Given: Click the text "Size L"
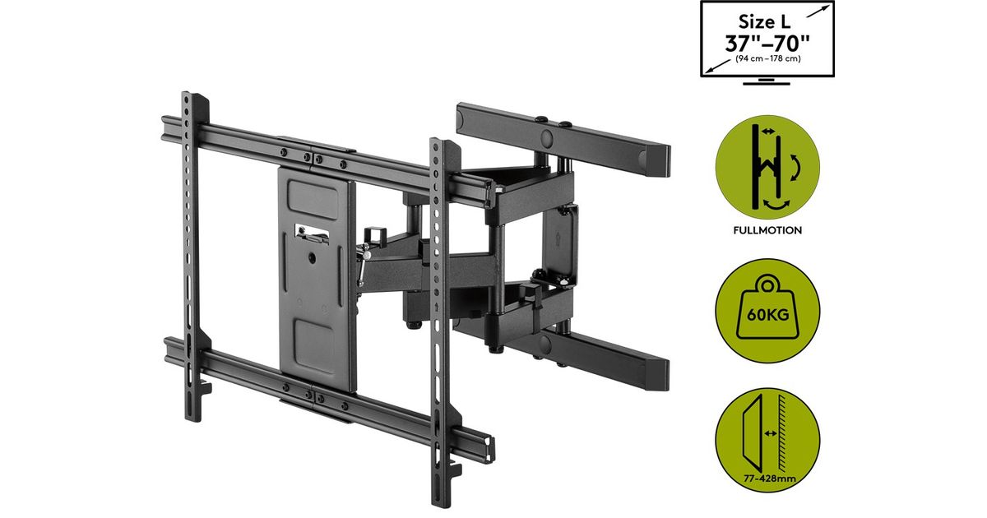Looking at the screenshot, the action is tap(764, 21).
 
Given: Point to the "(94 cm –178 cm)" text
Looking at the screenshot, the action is tap(767, 58).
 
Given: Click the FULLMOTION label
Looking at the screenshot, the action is tap(767, 230).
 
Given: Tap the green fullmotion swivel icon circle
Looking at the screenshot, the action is tap(767, 168).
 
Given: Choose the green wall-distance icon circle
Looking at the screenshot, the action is tap(767, 440).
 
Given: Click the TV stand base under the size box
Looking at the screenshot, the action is tap(767, 81).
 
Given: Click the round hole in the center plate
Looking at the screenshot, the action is tap(312, 257).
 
